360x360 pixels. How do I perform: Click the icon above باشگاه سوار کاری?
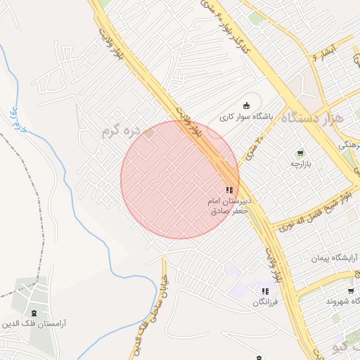pos(245,105)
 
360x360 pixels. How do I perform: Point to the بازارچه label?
pos(301,163)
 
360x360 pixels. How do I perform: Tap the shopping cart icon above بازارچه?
pos(300,153)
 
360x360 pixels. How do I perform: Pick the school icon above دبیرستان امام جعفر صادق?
pos(229,190)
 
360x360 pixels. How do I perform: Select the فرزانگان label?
pos(265,301)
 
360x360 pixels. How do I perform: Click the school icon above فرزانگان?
pos(265,291)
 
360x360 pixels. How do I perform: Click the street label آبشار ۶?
pos(324,51)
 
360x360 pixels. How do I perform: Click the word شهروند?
pos(341,300)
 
